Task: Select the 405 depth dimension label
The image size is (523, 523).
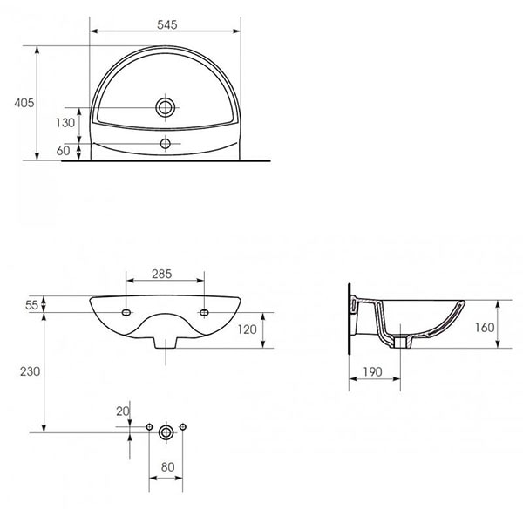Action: (24, 103)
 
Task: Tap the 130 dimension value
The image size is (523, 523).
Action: (65, 123)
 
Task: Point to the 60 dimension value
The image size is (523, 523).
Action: (64, 151)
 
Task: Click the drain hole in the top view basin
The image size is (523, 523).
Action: (165, 108)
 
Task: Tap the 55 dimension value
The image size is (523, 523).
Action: (33, 305)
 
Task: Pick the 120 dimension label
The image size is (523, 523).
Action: (247, 329)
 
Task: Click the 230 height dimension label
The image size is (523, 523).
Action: (30, 370)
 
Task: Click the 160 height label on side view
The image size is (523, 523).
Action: (486, 328)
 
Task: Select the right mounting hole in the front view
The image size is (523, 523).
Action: (205, 311)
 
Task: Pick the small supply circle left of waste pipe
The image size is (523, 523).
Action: (149, 426)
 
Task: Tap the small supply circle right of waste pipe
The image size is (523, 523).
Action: (183, 426)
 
